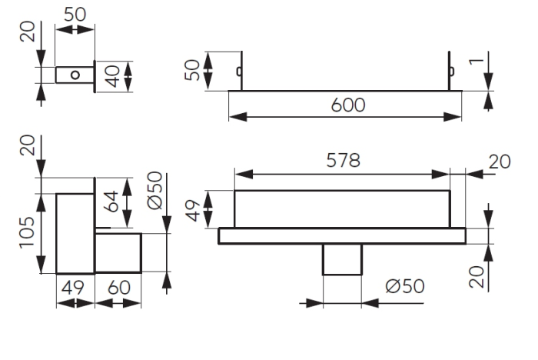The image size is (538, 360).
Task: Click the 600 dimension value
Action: pos(348,105)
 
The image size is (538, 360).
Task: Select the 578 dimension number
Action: pos(343,161)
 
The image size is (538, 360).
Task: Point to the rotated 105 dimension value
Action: pos(27,232)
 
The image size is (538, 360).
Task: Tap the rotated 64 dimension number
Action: pos(112,202)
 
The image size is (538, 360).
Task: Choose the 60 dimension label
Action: pos(119,288)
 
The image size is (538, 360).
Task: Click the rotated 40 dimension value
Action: pos(112,76)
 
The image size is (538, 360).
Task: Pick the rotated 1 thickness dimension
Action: pos(477,62)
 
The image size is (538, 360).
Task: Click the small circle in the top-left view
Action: pos(75,75)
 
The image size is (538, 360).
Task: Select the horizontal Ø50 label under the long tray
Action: pos(405,286)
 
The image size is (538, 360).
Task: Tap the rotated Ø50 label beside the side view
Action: pos(154,191)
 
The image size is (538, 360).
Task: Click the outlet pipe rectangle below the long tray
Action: pos(342,259)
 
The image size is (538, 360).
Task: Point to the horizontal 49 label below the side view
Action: pos(73,288)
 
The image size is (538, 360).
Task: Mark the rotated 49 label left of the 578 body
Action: pos(194,211)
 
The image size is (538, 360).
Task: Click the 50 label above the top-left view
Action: pos(75,15)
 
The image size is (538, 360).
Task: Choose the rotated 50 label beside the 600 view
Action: pos(192,71)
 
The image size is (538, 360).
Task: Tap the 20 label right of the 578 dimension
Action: pos(500,162)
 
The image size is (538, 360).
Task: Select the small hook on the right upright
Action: pos(452,71)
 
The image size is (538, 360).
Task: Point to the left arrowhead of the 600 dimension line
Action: pos(237,117)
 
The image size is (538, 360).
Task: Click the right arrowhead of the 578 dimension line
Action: pos(440,174)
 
